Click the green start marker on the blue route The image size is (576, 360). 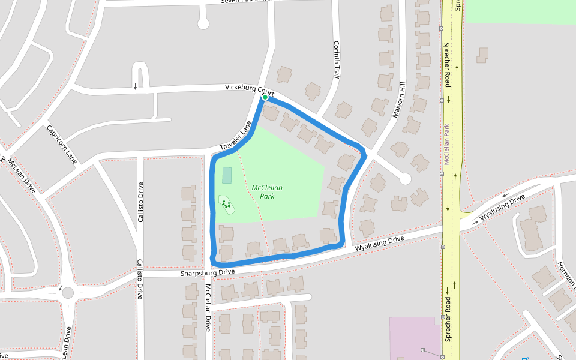pos(265,97)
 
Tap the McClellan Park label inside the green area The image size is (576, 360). pos(267,192)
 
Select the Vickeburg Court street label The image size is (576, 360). pos(250,90)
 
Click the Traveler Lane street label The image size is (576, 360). pos(235,137)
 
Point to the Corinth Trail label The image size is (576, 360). pos(337,59)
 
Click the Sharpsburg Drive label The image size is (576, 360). pos(208,272)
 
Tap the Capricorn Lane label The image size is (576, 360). pos(62,145)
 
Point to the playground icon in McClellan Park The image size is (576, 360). pos(226,205)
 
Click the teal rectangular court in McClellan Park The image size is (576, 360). pos(227,175)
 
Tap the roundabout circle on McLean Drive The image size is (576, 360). pos(68,293)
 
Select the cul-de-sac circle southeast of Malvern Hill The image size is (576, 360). pos(405,179)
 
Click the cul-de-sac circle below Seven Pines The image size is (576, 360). pos(203,24)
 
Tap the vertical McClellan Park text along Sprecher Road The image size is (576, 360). pos(446,144)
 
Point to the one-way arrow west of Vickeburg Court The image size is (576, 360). pos(135,86)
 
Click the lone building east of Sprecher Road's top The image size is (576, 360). pos(482,55)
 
